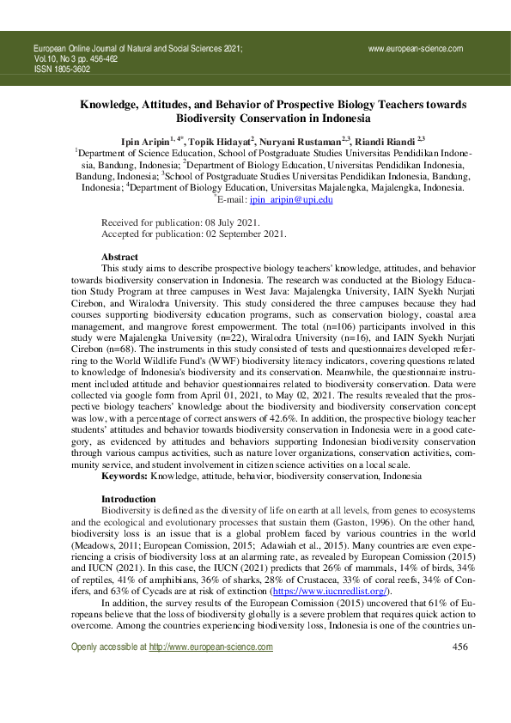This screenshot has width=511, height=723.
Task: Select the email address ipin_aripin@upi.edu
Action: pos(291,199)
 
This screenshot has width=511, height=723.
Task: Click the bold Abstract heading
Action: pos(119,257)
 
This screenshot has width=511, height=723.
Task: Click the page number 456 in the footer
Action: pos(459,671)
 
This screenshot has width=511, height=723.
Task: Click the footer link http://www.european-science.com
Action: pos(210,671)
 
